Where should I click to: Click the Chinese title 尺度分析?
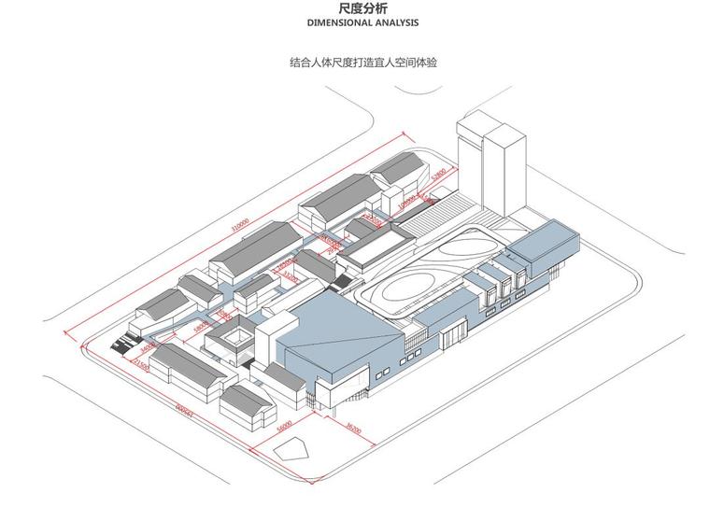[355, 9]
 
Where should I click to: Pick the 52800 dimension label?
[440, 177]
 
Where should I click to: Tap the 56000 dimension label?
[286, 426]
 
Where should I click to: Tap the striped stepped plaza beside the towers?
[448, 207]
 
